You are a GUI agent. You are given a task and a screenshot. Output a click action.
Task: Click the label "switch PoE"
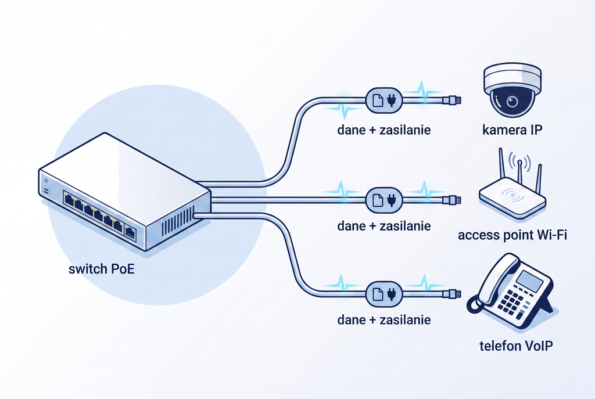click(101, 269)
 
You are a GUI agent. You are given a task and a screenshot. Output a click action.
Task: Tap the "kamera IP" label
click(512, 130)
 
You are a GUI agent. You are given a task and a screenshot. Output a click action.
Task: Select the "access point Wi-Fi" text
click(512, 235)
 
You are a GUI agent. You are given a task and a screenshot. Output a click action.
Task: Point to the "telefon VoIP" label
click(516, 346)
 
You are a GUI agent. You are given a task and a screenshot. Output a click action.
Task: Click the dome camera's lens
click(512, 101)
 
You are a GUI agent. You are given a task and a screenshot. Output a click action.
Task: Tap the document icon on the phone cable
click(378, 294)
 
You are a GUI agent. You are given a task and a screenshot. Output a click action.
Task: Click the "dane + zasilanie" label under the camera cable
click(384, 130)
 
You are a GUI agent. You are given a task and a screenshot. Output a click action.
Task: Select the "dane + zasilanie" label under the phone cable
click(384, 319)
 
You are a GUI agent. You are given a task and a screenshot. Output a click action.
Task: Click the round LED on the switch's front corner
click(46, 181)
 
